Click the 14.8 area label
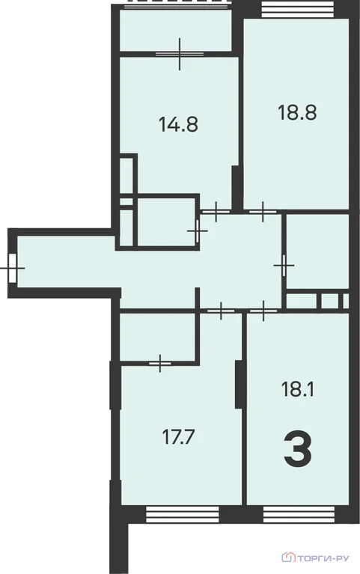[x=178, y=124]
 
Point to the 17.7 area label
[x=178, y=434]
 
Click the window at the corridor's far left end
[x=13, y=266]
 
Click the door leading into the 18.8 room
[x=261, y=213]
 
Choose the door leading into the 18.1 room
[x=263, y=309]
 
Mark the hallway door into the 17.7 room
[x=220, y=309]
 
